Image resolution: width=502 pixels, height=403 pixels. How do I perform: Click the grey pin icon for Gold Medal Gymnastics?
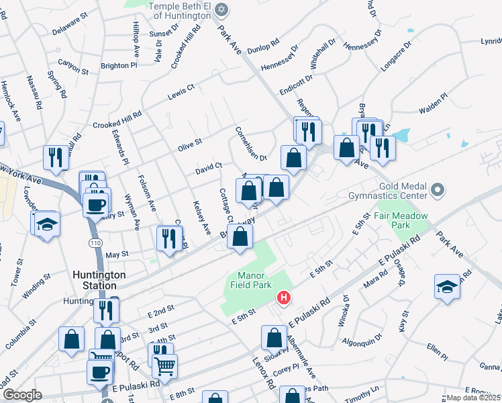438,191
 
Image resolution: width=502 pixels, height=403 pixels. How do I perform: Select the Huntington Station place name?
99,280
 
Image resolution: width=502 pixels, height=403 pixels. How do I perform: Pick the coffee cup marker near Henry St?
96,203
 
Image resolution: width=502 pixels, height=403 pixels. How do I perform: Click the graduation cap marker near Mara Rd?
447,287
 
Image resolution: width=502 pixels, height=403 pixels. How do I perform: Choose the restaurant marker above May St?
169,238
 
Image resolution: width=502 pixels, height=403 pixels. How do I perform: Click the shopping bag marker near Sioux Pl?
273,339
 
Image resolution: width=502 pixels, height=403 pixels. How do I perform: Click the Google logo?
21,395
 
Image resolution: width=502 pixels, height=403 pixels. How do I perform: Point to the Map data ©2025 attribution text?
474,398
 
